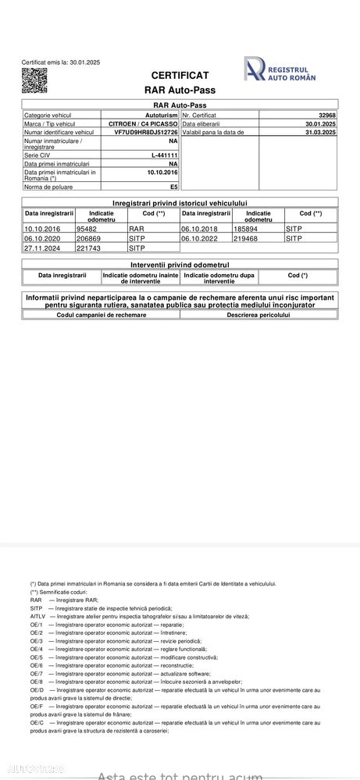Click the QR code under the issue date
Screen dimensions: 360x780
pos(34,80)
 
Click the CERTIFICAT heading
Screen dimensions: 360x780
pos(180,75)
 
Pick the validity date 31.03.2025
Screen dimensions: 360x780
pos(320,133)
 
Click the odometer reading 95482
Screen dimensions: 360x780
pos(86,229)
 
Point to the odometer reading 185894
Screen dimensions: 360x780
pos(245,229)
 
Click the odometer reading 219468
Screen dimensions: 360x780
pos(245,238)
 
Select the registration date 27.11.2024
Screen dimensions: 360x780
pos(42,248)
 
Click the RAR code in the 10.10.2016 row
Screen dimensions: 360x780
pos(136,229)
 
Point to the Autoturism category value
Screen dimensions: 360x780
pos(162,115)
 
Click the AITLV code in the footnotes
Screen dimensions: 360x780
pos(37,616)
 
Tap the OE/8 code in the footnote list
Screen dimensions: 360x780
pos(37,682)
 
